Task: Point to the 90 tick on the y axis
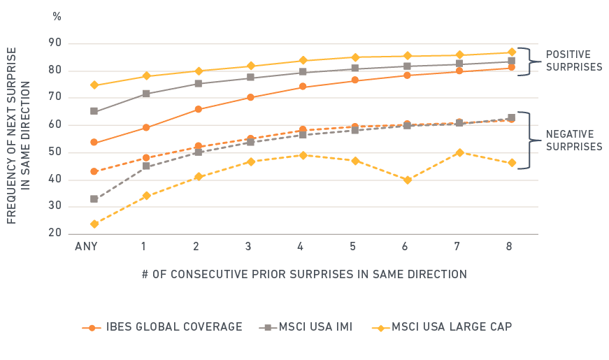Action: click(x=55, y=43)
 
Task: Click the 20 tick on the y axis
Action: click(x=55, y=233)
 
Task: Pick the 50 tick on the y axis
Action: click(x=55, y=152)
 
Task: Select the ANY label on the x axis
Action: click(x=86, y=246)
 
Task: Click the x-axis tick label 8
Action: click(x=512, y=246)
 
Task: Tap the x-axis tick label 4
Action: click(x=301, y=246)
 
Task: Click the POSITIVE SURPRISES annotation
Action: click(x=573, y=60)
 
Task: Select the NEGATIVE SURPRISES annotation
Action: click(x=573, y=141)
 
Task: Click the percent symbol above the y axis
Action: click(x=57, y=17)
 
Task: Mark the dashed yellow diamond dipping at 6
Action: click(x=407, y=180)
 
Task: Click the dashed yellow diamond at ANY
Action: click(x=94, y=224)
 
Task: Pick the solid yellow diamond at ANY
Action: click(x=94, y=85)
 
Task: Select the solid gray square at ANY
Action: click(x=94, y=111)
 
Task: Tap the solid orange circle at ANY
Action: click(x=94, y=142)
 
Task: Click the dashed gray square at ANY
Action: click(x=94, y=199)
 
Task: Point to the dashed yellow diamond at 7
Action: click(x=459, y=152)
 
